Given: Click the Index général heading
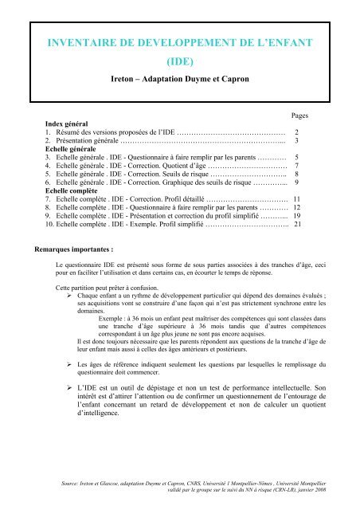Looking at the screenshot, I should [67, 124].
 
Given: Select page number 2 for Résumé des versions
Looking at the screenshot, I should [296, 132].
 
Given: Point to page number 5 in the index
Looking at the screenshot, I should [296, 158].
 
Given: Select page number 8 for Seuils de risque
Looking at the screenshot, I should [296, 175].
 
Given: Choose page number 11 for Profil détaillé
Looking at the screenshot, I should [295, 200].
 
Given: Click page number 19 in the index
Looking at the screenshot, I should [295, 217].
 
